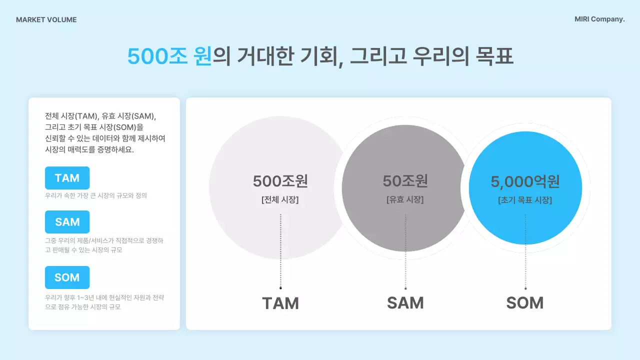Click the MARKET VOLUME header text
click(46, 20)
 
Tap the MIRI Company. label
click(599, 19)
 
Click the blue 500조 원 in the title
click(169, 56)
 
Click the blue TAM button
click(67, 178)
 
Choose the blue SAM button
click(67, 222)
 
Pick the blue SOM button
click(67, 277)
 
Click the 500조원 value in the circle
click(280, 180)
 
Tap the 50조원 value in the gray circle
click(405, 180)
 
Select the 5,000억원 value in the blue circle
click(525, 181)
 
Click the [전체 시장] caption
click(280, 199)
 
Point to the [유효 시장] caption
click(405, 199)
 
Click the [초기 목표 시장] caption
click(525, 200)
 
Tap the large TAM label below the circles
click(280, 303)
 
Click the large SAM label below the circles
click(405, 302)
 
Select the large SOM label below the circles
click(525, 302)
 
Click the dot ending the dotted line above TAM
click(280, 288)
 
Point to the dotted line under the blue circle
click(525, 250)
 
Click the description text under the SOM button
click(104, 302)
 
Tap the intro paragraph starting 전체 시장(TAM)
click(105, 132)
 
